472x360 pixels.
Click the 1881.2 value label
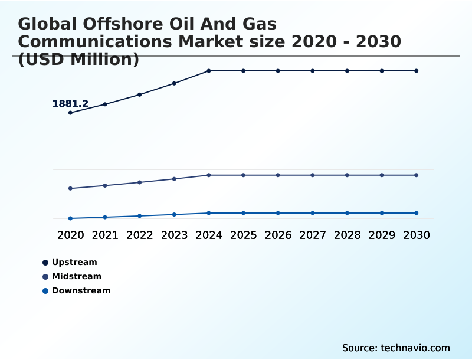click(x=70, y=104)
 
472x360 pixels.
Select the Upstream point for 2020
click(x=70, y=113)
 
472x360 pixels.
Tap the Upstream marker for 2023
click(x=174, y=83)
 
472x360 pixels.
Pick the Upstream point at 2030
click(x=417, y=71)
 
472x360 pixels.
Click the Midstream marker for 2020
click(x=70, y=189)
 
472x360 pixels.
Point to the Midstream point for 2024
click(x=209, y=175)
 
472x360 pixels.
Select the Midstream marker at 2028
click(x=348, y=175)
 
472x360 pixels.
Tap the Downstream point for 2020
click(x=70, y=218)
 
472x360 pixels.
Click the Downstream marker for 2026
click(x=278, y=213)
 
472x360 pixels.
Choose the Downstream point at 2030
click(x=417, y=213)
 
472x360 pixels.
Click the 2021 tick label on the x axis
click(x=105, y=235)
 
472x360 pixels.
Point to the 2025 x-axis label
click(x=243, y=235)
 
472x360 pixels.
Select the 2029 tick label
click(x=382, y=235)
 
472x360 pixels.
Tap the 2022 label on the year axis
click(x=140, y=235)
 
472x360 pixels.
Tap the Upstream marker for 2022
click(x=140, y=94)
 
